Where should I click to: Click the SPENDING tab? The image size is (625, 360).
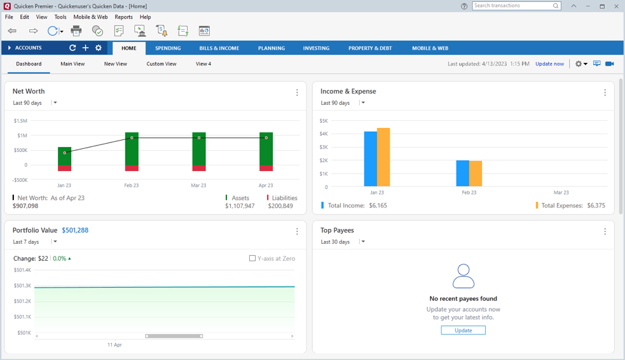pyautogui.click(x=168, y=48)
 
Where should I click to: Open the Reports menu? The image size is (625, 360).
pyautogui.click(x=123, y=17)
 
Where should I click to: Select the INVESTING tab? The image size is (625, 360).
pyautogui.click(x=316, y=48)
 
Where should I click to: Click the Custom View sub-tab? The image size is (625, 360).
pyautogui.click(x=161, y=64)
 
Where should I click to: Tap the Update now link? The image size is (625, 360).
pyautogui.click(x=550, y=64)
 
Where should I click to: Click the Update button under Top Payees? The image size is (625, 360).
pyautogui.click(x=463, y=330)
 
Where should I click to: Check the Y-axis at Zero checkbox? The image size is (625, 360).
pyautogui.click(x=252, y=258)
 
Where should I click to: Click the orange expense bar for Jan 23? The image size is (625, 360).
pyautogui.click(x=383, y=157)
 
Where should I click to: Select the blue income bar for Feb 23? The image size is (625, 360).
pyautogui.click(x=463, y=174)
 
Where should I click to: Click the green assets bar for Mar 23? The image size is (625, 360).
pyautogui.click(x=199, y=149)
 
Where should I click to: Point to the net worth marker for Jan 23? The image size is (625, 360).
pyautogui.click(x=65, y=153)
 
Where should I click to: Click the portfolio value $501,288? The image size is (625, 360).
pyautogui.click(x=75, y=230)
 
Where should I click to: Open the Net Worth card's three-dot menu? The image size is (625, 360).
pyautogui.click(x=297, y=92)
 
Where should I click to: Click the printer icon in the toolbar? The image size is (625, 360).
pyautogui.click(x=76, y=31)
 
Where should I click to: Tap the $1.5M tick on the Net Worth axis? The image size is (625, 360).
pyautogui.click(x=20, y=121)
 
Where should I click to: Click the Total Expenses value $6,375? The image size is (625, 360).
pyautogui.click(x=596, y=205)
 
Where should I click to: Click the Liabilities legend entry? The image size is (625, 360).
pyautogui.click(x=282, y=198)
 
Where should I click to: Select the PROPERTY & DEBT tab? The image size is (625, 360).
pyautogui.click(x=370, y=48)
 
